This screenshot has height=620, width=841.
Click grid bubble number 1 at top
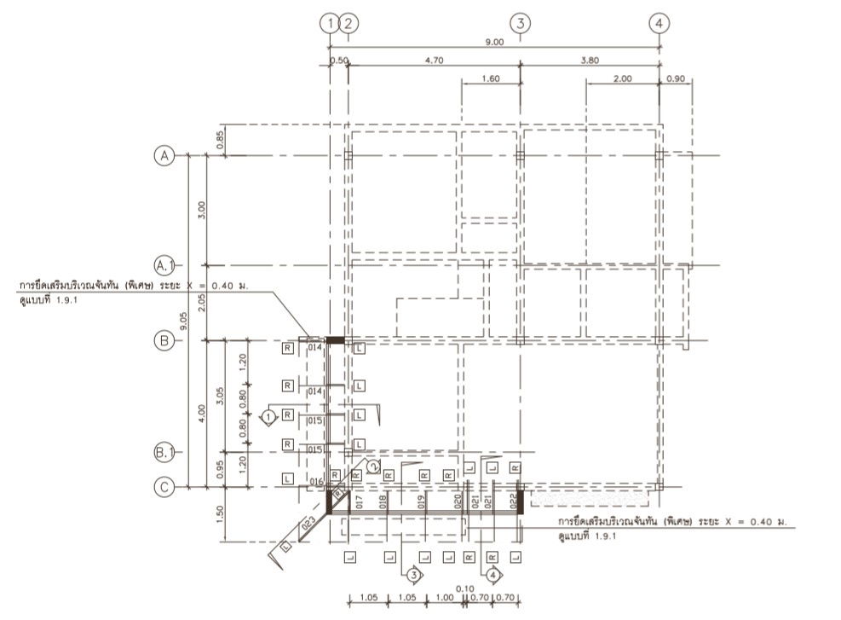[329, 23]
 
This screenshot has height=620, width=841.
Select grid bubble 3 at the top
[521, 23]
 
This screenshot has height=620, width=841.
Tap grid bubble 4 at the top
[658, 23]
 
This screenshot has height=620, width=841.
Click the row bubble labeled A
[162, 155]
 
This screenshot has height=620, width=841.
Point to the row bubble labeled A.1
[162, 264]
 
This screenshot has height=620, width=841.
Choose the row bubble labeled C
[162, 487]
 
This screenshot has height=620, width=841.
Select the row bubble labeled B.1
[162, 451]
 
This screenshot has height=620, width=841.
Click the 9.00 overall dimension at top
[494, 41]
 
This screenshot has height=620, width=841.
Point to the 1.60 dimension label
[490, 78]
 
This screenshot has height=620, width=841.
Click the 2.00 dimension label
[622, 78]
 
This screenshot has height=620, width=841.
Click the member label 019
[421, 501]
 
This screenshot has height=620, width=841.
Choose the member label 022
[513, 501]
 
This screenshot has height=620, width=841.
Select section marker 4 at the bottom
[492, 575]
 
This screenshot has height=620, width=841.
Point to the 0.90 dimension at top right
[675, 78]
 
